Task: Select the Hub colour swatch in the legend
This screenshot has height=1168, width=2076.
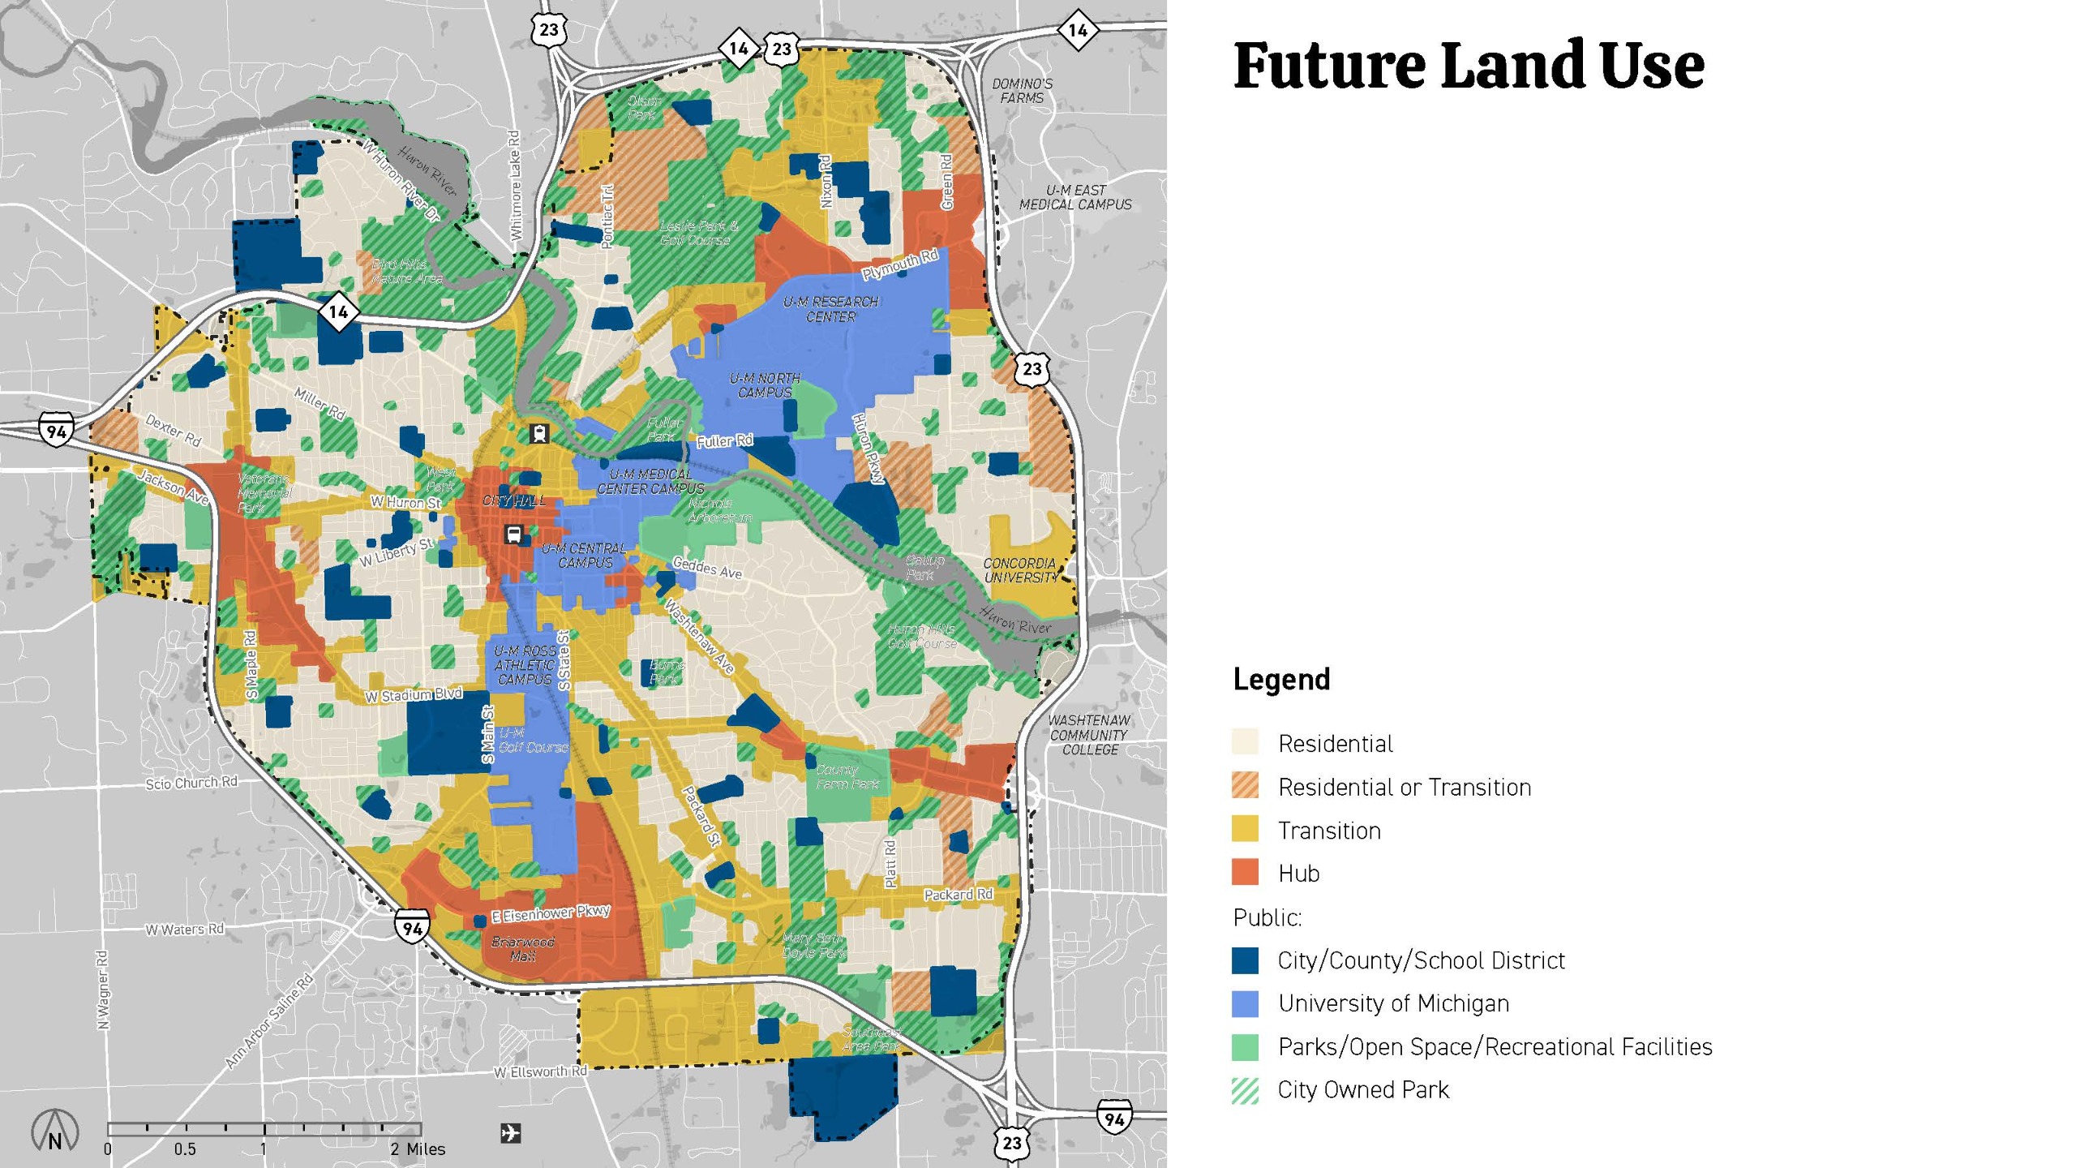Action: pyautogui.click(x=1245, y=873)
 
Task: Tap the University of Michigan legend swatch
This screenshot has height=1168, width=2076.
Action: pyautogui.click(x=1245, y=1003)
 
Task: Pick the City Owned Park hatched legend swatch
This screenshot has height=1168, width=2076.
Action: pyautogui.click(x=1245, y=1090)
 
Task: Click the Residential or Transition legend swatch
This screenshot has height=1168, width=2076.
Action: pyautogui.click(x=1245, y=786)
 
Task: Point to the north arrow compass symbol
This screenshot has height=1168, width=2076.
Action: pyautogui.click(x=54, y=1130)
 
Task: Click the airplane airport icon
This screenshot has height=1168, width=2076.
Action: pyautogui.click(x=511, y=1132)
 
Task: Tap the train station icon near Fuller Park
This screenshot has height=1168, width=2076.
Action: pyautogui.click(x=538, y=433)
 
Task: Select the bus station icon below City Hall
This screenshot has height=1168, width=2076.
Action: pyautogui.click(x=513, y=535)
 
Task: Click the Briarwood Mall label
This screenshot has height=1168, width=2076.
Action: pyautogui.click(x=523, y=949)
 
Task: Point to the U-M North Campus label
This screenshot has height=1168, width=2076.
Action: pyautogui.click(x=765, y=385)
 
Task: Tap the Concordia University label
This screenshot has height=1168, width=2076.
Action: pyautogui.click(x=1020, y=570)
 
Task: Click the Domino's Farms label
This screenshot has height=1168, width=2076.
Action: pyautogui.click(x=1022, y=91)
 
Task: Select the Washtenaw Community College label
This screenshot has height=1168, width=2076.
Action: pyautogui.click(x=1088, y=735)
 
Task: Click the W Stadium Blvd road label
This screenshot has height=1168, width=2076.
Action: pyautogui.click(x=413, y=695)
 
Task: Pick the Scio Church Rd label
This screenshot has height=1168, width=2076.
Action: pyautogui.click(x=191, y=783)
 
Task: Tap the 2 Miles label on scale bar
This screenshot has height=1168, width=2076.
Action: pyautogui.click(x=417, y=1149)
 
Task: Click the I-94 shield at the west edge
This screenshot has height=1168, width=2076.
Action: pyautogui.click(x=56, y=430)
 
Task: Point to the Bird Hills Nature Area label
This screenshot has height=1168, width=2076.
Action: pyautogui.click(x=407, y=271)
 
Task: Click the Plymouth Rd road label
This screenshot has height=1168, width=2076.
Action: pyautogui.click(x=899, y=264)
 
